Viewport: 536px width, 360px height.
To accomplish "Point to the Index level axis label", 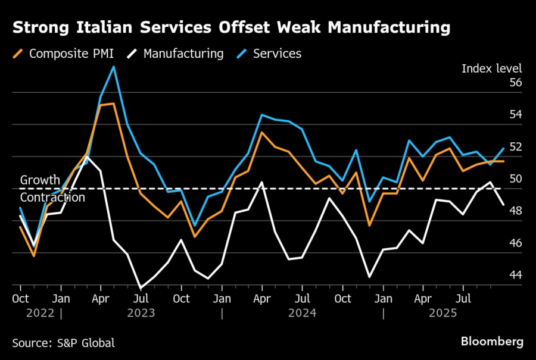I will [491, 68].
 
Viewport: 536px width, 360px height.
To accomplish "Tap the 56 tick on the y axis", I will [516, 83].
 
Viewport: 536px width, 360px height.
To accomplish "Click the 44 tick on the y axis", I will [516, 276].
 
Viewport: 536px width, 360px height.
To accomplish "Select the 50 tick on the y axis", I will [516, 179].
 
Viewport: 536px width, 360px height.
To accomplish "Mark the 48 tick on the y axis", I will [516, 211].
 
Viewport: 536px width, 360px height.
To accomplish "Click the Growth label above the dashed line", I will [40, 180].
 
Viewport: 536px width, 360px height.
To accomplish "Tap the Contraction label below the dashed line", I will [52, 198].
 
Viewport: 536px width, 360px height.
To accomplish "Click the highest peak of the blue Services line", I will [114, 67].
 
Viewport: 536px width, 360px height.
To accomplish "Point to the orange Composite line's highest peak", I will [113, 104].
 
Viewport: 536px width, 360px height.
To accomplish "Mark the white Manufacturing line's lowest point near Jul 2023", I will [141, 288].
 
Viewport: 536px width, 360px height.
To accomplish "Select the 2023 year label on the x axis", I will [141, 312].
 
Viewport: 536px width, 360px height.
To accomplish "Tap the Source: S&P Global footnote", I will [63, 343].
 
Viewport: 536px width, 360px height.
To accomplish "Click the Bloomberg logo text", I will [492, 342].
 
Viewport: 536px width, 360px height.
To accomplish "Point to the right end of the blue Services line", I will [504, 148].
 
